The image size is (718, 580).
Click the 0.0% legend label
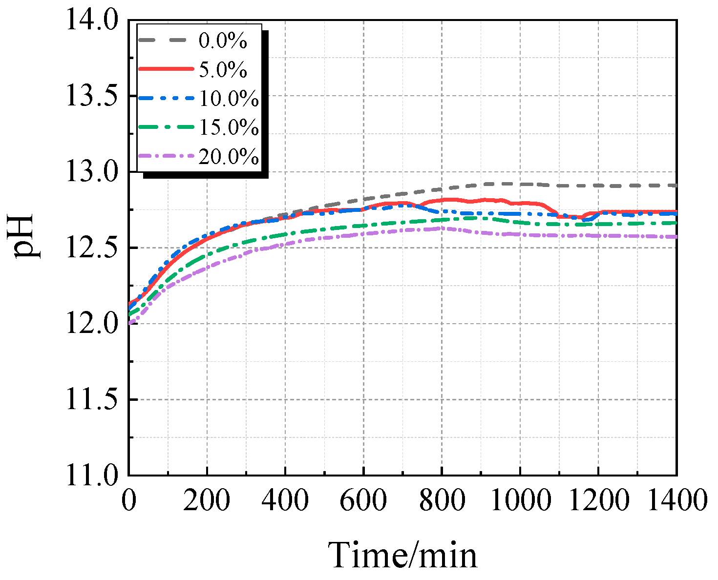223,41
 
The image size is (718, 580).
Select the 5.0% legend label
223,70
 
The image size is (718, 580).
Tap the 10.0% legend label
229,99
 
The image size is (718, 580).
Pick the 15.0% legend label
229,127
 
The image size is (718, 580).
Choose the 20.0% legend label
229,156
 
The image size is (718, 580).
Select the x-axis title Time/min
402,555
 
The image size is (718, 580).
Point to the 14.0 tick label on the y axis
92,21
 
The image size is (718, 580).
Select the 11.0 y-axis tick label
92,475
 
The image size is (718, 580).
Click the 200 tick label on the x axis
207,501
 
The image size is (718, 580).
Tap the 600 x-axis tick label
363,501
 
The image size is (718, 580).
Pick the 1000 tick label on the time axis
520,501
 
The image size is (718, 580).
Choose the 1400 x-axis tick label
676,501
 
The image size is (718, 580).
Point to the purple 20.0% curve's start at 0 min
130,323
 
